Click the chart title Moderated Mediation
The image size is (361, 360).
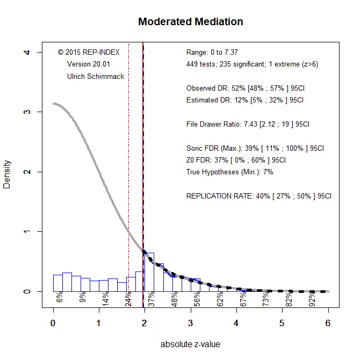190,22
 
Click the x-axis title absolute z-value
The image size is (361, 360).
190,344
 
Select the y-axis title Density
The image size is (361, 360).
8,172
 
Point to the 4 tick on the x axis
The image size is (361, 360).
236,323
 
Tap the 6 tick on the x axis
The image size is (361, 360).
328,323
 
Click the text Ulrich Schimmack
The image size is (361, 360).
96,76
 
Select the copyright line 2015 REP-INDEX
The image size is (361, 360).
89,53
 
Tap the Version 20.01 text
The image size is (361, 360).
89,64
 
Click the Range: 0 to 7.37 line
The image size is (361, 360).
212,53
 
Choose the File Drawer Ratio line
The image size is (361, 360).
248,124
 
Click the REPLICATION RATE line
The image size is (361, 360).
259,196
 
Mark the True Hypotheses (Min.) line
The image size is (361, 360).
230,172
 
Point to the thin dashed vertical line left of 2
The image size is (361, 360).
128,161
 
